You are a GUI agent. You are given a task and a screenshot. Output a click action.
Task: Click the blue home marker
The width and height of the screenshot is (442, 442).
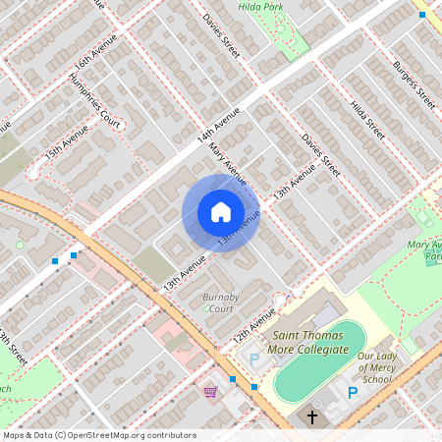click(220, 212)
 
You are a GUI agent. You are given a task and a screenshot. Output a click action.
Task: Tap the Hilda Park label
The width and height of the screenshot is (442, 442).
click(260, 6)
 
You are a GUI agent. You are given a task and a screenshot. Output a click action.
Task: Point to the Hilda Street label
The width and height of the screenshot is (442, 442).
click(368, 115)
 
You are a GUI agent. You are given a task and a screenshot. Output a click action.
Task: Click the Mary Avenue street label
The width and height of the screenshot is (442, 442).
click(227, 163)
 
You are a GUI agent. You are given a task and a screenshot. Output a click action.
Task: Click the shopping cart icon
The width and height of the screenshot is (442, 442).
click(210, 391)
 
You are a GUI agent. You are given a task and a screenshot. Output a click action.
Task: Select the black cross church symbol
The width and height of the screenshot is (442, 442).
click(313, 417)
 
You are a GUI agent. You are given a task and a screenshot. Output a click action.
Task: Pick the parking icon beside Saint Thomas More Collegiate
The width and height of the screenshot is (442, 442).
click(255, 360)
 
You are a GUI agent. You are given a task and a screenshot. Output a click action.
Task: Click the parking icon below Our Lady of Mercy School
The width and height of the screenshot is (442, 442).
click(352, 392)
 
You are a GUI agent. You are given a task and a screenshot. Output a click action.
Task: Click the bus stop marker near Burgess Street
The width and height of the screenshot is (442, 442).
click(422, 15)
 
